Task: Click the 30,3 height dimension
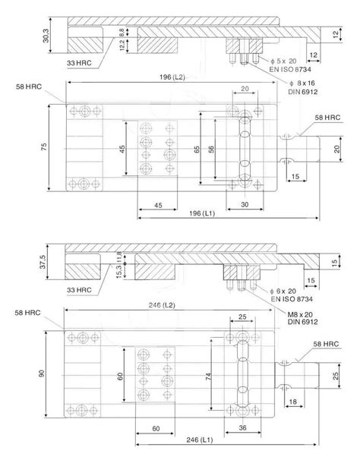point(45,36)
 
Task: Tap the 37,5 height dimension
point(45,261)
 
